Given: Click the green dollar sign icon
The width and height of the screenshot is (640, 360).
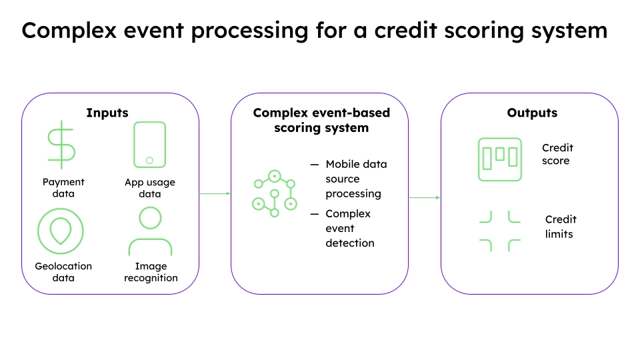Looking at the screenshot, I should pyautogui.click(x=61, y=145).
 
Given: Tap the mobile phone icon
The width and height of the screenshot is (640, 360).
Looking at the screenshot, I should pyautogui.click(x=149, y=144).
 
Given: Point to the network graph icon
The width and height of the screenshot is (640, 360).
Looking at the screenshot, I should pyautogui.click(x=273, y=193).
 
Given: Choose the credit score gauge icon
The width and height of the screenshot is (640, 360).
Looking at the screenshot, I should pyautogui.click(x=500, y=159).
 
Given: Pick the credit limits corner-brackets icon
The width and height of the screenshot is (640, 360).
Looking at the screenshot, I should pyautogui.click(x=500, y=231).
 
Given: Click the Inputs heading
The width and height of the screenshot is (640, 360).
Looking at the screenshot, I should pyautogui.click(x=107, y=113).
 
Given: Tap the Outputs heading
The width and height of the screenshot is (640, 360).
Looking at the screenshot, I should pyautogui.click(x=531, y=113).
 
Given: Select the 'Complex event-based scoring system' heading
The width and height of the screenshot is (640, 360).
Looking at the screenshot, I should pyautogui.click(x=321, y=120).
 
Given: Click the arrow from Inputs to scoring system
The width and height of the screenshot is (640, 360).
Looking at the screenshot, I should pyautogui.click(x=215, y=193).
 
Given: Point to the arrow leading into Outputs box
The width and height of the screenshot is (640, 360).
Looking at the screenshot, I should pyautogui.click(x=424, y=197).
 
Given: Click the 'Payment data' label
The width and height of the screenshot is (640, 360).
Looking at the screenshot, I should pyautogui.click(x=63, y=188).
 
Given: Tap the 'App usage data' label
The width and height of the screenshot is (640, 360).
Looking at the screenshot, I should pyautogui.click(x=150, y=188).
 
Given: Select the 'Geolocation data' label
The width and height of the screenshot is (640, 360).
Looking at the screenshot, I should pyautogui.click(x=63, y=272).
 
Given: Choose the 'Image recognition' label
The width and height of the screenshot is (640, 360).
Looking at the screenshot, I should pyautogui.click(x=151, y=272).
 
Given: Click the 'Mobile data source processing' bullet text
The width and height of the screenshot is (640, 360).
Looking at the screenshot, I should pyautogui.click(x=355, y=179).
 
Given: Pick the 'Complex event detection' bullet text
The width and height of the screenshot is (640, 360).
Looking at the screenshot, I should pyautogui.click(x=349, y=228).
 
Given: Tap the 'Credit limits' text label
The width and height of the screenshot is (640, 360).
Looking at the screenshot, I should pyautogui.click(x=560, y=227).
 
